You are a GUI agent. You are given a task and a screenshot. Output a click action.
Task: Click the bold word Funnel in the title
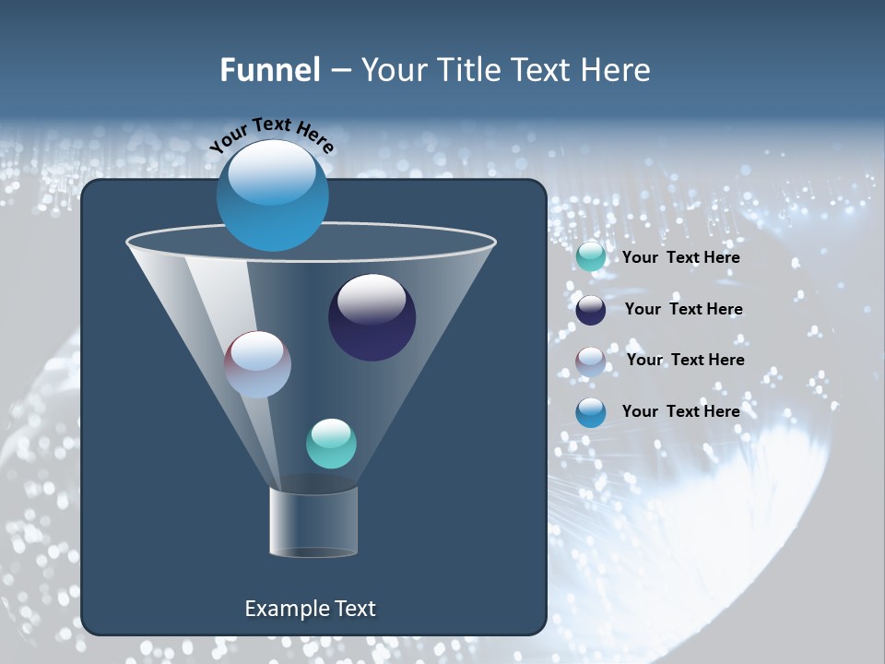[x=269, y=70]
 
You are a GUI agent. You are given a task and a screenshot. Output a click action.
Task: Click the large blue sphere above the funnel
[x=273, y=195]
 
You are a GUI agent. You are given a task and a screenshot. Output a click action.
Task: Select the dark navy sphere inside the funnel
[x=372, y=317]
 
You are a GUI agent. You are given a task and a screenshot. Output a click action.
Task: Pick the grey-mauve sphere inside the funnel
[x=258, y=364]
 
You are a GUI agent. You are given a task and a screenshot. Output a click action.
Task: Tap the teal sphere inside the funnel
[x=331, y=444]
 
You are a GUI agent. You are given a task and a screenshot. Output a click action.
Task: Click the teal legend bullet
[x=591, y=257]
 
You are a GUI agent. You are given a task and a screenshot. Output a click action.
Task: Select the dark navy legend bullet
[x=591, y=310]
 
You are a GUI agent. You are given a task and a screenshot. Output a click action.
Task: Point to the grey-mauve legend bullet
[x=591, y=362]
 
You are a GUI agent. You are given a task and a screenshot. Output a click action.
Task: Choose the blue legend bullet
[x=591, y=412]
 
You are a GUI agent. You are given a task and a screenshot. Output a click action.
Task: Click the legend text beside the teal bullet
[x=680, y=257]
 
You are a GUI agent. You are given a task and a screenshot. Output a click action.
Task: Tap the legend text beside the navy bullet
[x=683, y=309]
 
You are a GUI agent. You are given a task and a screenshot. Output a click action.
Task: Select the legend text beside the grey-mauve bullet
[x=685, y=360]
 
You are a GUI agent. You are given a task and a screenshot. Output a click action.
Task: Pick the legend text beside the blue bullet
[x=680, y=411]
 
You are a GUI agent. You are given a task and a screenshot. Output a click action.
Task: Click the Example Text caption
[x=310, y=609]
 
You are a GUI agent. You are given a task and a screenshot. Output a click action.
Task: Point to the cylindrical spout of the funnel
[x=313, y=522]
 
